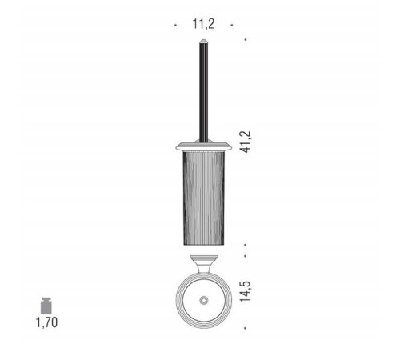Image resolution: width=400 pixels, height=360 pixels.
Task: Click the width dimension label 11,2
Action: [x=203, y=24]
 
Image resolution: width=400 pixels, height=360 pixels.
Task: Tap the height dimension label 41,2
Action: [x=246, y=142]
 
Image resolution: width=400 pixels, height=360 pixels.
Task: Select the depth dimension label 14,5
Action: [x=246, y=291]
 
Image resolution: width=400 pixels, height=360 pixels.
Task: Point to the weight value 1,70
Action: [x=46, y=322]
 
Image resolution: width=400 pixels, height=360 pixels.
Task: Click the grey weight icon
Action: [x=46, y=306]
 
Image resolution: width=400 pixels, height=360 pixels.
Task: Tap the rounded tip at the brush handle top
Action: [x=204, y=41]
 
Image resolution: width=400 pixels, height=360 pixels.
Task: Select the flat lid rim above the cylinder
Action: [x=204, y=147]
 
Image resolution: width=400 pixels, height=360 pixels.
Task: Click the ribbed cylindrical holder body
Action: [x=204, y=198]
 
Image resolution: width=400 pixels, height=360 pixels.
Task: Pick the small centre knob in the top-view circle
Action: [x=204, y=300]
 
